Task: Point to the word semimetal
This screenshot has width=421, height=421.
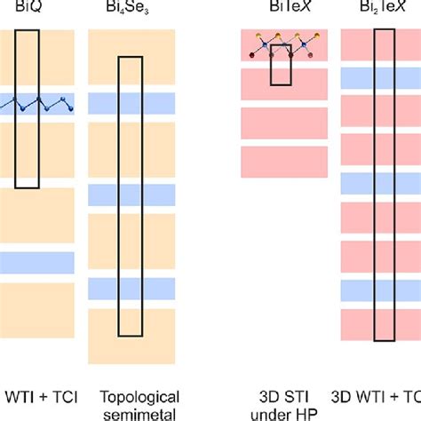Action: [126, 412]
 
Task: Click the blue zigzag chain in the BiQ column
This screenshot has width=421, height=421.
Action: [36, 105]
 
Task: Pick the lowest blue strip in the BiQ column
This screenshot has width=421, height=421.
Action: [36, 262]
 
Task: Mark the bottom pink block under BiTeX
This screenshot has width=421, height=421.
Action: [284, 163]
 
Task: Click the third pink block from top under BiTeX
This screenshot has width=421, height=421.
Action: [284, 123]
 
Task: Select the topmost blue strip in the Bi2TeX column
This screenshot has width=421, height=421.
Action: [381, 78]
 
